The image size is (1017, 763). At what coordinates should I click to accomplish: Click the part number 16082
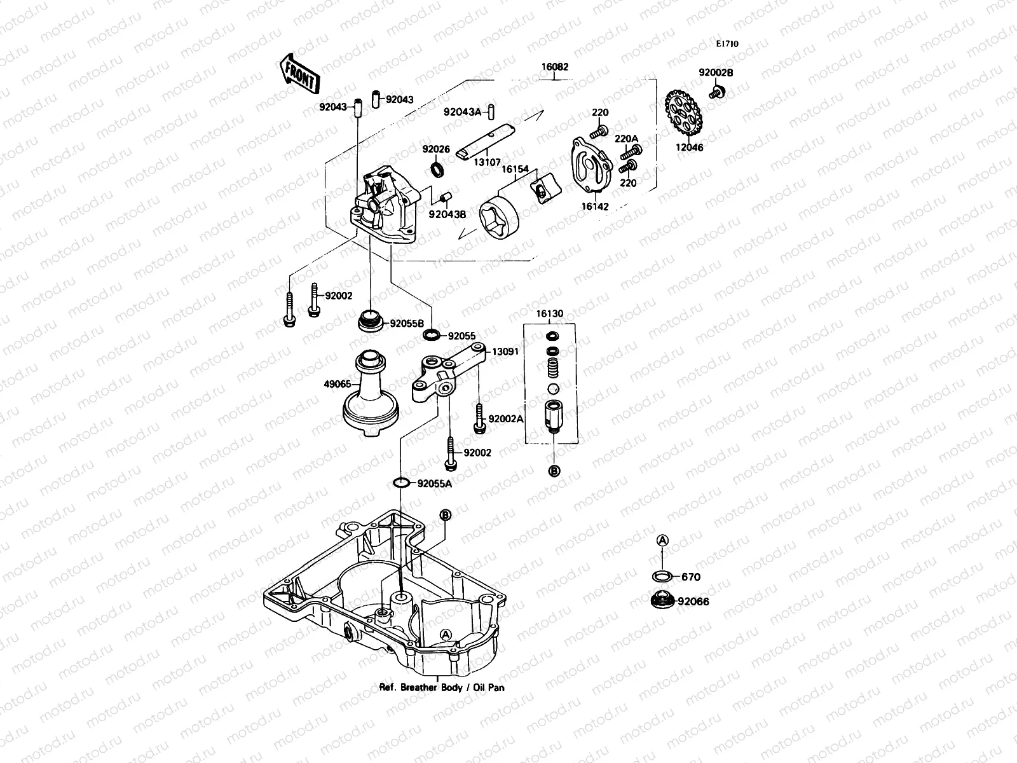pyautogui.click(x=555, y=67)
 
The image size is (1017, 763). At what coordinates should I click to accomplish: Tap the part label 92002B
pyautogui.click(x=716, y=72)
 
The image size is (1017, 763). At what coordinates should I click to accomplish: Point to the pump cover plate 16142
pyautogui.click(x=590, y=164)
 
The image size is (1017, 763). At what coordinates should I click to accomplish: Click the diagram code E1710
pyautogui.click(x=727, y=45)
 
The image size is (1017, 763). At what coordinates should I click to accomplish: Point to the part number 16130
pyautogui.click(x=549, y=313)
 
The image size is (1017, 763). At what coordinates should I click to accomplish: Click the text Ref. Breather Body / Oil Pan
pyautogui.click(x=442, y=687)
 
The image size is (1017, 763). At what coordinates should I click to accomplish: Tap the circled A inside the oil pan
pyautogui.click(x=446, y=634)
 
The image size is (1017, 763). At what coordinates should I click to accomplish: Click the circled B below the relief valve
pyautogui.click(x=554, y=471)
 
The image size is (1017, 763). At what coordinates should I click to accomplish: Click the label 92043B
pyautogui.click(x=447, y=214)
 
